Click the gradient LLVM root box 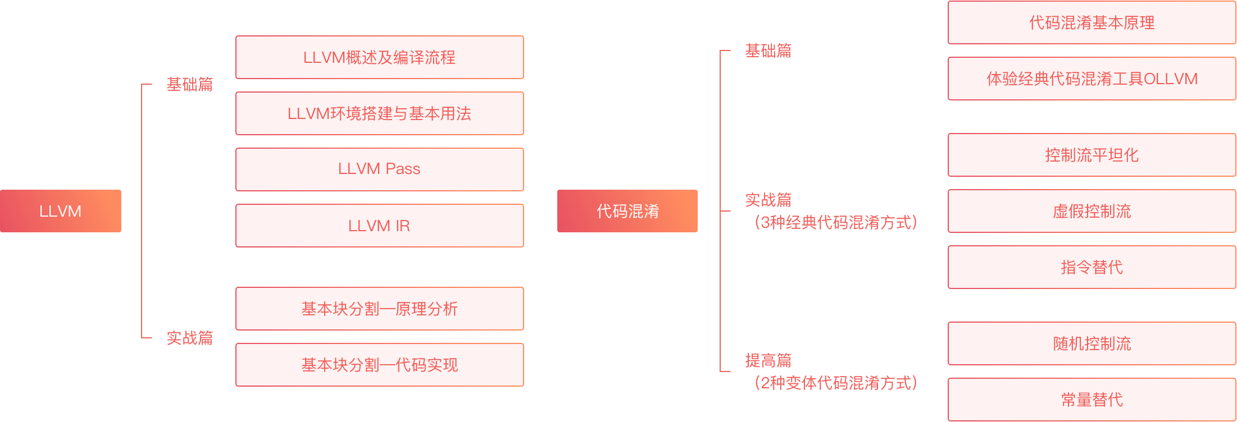pos(61,211)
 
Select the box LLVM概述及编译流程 pos(380,57)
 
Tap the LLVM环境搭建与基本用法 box pos(380,113)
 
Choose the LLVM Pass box pos(380,169)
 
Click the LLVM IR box pos(380,226)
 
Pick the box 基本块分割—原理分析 pos(380,309)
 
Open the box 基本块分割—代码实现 pos(380,365)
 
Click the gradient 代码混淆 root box pos(627,211)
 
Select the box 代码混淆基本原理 pos(1092,22)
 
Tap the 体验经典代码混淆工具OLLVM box pos(1092,79)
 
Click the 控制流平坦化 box pos(1092,155)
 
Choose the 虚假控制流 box pos(1092,211)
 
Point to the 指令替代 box pos(1092,267)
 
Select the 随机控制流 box pos(1092,343)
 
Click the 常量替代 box pos(1092,400)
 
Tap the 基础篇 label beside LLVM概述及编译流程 pos(190,84)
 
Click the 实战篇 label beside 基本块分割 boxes pos(190,338)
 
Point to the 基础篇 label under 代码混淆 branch pos(768,51)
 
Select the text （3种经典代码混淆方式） pos(835,223)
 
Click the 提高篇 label pos(768,360)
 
